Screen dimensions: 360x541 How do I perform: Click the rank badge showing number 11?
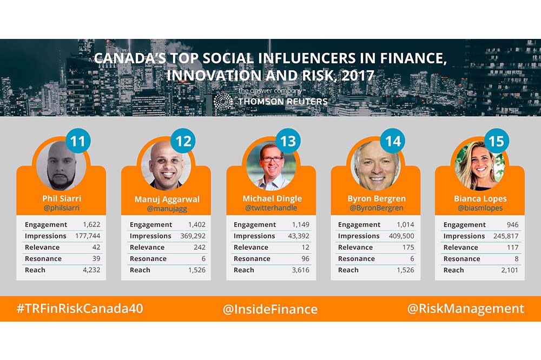[x=78, y=142]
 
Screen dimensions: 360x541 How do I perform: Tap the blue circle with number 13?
[x=288, y=142]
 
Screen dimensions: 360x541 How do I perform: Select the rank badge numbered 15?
[x=496, y=142]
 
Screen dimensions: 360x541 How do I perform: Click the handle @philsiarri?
[x=61, y=208]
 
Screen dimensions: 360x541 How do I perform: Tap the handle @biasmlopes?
[x=479, y=208]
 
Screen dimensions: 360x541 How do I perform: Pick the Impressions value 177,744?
[x=85, y=236]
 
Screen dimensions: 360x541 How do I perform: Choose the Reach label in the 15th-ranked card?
[x=454, y=270]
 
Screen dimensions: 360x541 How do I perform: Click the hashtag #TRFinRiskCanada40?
[x=80, y=309]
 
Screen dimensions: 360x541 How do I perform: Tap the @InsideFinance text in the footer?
[x=270, y=309]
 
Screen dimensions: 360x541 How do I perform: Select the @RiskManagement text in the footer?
[x=465, y=309]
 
